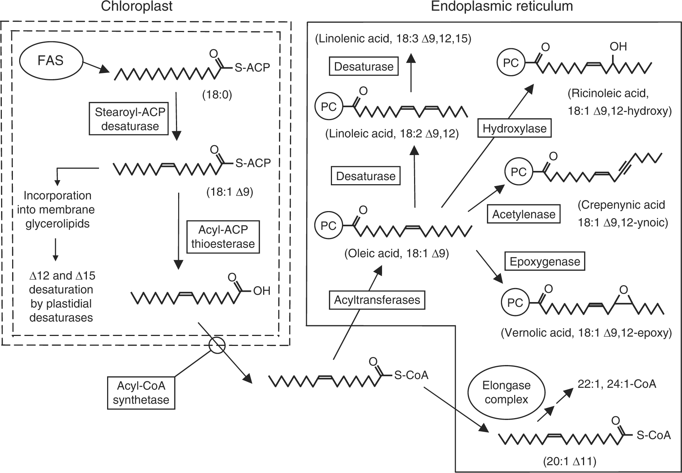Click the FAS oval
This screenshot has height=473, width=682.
51,60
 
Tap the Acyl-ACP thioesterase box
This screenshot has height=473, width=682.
223,237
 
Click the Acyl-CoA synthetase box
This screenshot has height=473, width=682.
141,393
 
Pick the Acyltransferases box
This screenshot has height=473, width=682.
377,300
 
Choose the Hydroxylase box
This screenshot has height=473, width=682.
514,129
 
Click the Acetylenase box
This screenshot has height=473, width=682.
523,214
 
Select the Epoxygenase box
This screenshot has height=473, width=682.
544,262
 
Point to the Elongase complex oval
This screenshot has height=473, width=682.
506,393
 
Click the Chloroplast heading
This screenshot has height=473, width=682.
137,7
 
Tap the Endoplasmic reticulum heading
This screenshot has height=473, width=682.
502,7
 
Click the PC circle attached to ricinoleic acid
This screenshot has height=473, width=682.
510,63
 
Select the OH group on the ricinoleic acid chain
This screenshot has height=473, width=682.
618,47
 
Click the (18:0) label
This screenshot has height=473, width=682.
216,95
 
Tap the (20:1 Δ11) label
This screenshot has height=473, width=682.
569,461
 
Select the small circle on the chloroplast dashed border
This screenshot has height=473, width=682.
216,346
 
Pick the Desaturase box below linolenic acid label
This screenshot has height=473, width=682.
364,67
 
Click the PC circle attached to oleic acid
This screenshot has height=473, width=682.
328,225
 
